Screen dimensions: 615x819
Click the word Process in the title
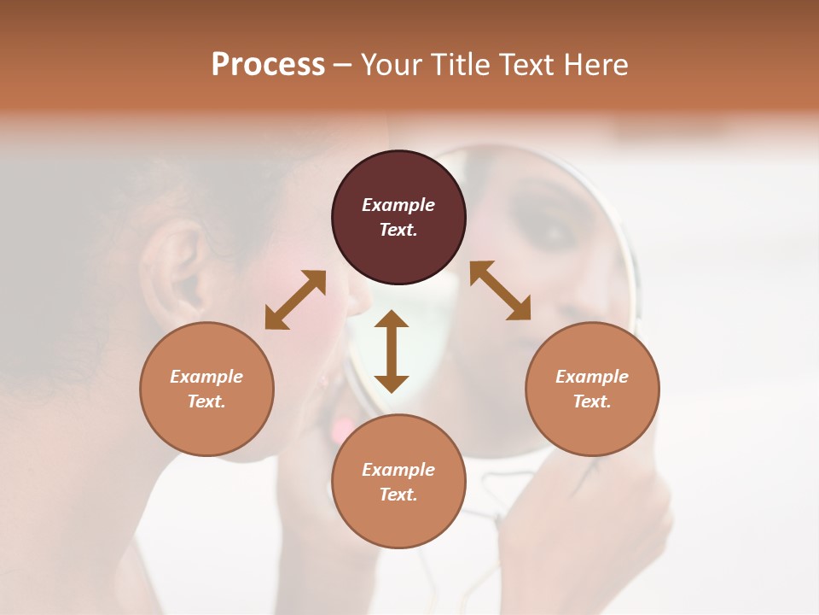click(268, 65)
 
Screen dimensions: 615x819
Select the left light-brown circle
click(206, 414)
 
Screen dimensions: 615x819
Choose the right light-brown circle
click(592, 414)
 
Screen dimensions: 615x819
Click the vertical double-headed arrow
click(392, 351)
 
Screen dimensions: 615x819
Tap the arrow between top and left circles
click(295, 300)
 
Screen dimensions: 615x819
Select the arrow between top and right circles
click(500, 290)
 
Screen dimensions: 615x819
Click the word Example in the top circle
click(398, 205)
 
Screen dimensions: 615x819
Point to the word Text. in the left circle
click(206, 401)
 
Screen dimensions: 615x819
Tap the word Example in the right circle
click(592, 377)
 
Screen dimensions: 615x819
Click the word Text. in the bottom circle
click(398, 495)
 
